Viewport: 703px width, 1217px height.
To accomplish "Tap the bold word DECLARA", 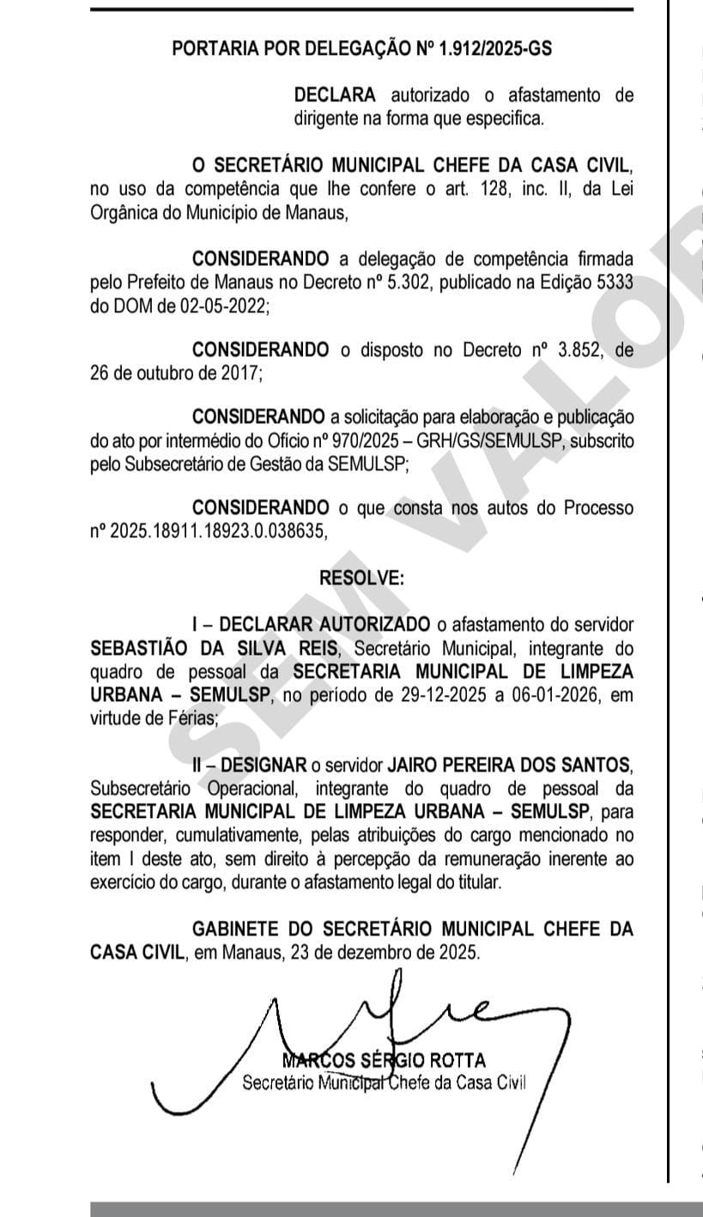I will pyautogui.click(x=335, y=94).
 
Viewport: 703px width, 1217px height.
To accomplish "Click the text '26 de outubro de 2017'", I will pyautogui.click(x=176, y=373).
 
